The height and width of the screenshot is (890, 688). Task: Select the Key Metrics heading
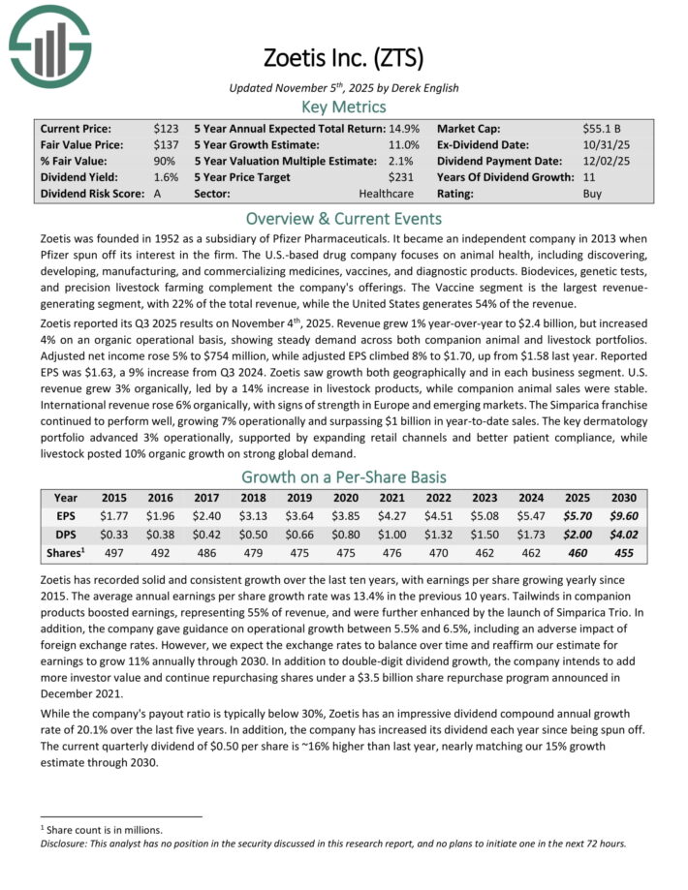pos(344,107)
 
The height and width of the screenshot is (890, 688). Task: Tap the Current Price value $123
pos(164,128)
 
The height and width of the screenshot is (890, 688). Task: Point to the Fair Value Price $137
pos(164,144)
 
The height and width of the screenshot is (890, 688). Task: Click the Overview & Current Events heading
pos(344,218)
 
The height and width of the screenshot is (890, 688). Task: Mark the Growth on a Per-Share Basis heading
pos(344,476)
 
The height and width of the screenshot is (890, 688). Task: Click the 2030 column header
pos(623,499)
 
